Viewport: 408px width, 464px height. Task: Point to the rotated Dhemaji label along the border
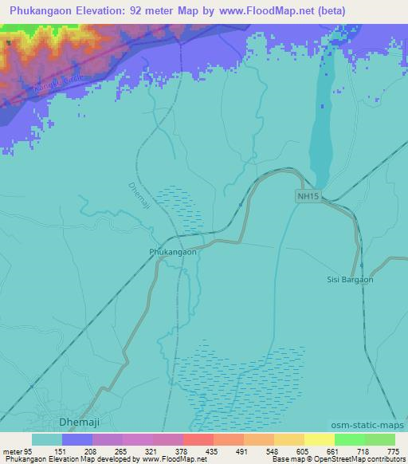[139, 197]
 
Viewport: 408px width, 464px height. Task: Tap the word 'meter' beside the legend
[12, 451]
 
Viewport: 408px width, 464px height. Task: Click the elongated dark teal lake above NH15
[322, 120]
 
